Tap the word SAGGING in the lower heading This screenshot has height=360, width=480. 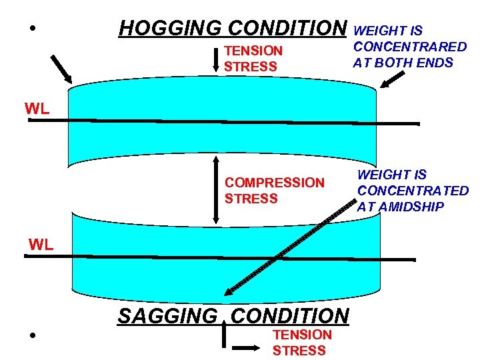click(x=167, y=316)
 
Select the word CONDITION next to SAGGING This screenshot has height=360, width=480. click(x=290, y=316)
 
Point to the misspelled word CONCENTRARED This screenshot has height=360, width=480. click(x=410, y=47)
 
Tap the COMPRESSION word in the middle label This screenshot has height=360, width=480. click(x=275, y=183)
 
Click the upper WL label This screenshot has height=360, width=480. click(x=37, y=109)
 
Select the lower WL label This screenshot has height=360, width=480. click(x=41, y=245)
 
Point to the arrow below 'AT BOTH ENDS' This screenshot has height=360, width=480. click(x=392, y=80)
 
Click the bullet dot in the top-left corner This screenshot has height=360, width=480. click(x=32, y=29)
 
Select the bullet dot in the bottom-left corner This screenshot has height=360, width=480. click(x=32, y=335)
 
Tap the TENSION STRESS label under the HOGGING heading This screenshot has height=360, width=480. click(x=253, y=59)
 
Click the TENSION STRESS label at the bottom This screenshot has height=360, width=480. click(x=301, y=342)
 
